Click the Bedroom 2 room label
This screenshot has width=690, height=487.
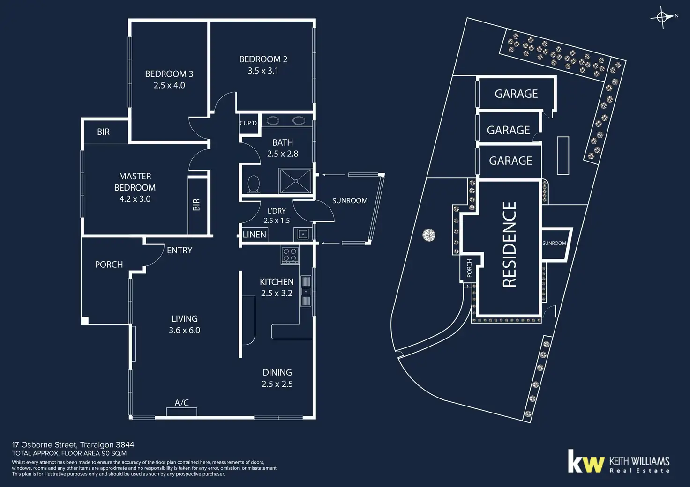pos(263,59)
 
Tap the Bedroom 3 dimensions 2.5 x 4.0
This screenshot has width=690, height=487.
pos(169,85)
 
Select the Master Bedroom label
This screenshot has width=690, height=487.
pos(135,182)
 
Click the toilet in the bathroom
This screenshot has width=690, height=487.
pos(254,184)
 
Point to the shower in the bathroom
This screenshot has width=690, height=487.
pos(295,181)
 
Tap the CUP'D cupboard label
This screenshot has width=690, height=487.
pos(248,123)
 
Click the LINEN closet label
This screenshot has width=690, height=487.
pos(255,235)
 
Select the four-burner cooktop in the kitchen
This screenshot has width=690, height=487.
pos(290,255)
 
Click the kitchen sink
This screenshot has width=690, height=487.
pos(306,291)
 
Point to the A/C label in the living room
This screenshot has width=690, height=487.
pos(181,403)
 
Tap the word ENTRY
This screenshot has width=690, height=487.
pos(180,251)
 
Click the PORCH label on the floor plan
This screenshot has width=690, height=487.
pos(109,265)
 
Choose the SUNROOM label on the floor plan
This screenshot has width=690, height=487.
pos(350,201)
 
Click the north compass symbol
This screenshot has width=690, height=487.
pos(662,17)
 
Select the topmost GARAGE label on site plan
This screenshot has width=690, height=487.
pos(516,94)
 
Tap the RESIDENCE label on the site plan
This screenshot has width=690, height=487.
pos(509,244)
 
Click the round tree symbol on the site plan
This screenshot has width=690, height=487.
pos(429,235)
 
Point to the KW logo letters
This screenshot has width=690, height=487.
pos(585,462)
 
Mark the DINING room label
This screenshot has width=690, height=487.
pos(277,373)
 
